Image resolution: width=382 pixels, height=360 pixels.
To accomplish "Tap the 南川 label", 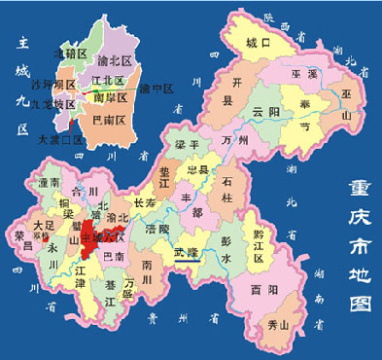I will pos(148,268).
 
